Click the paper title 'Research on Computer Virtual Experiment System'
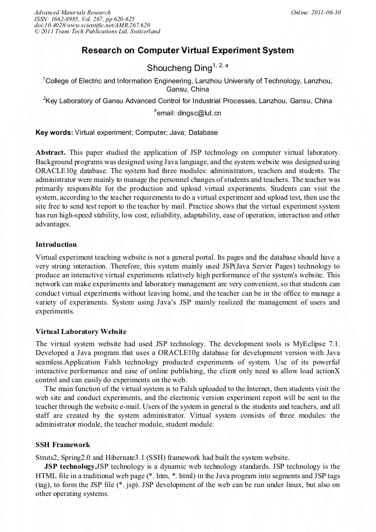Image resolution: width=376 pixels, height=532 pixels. coord(187,50)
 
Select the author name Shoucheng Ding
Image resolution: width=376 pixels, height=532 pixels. coord(179,68)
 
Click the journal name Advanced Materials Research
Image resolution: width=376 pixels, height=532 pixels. coord(72,12)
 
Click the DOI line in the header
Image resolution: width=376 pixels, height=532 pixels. coord(92,26)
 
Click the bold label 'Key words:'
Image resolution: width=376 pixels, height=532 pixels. coord(54,133)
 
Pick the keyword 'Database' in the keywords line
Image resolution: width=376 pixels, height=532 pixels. coord(202,133)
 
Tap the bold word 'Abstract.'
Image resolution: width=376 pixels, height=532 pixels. coord(51,153)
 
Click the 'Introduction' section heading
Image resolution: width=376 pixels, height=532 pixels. coord(56,245)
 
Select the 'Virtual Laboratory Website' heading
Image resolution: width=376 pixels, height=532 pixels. coord(81,332)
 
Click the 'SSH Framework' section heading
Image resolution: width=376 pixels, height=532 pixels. coord(63,445)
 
